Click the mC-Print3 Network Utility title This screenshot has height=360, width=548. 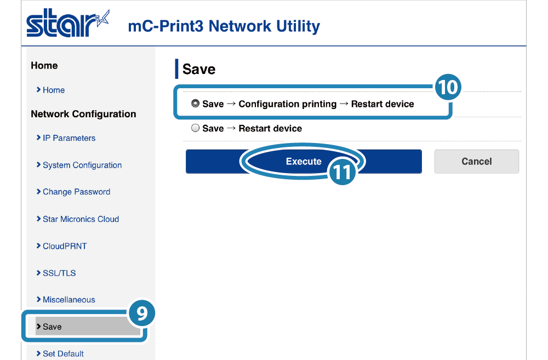tap(224, 26)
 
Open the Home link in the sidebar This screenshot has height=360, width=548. tap(53, 90)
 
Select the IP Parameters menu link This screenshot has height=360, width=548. tap(68, 138)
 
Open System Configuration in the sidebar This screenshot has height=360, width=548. tap(82, 165)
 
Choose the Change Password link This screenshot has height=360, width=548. tap(76, 192)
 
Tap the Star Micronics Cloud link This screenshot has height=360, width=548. tap(81, 219)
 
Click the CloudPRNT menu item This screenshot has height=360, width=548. tap(64, 246)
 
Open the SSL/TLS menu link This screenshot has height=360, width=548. tap(59, 273)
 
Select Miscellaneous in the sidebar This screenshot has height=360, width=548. tap(68, 300)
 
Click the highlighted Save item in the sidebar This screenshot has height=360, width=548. tap(53, 327)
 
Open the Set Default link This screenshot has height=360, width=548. tap(63, 353)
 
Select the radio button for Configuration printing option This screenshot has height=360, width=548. tap(195, 104)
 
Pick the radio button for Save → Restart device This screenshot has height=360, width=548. tap(195, 128)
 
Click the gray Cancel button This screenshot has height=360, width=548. tap(476, 162)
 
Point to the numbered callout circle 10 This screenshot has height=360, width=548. tap(448, 87)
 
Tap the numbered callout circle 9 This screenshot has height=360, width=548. tap(141, 313)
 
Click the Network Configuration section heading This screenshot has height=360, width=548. tap(83, 114)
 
